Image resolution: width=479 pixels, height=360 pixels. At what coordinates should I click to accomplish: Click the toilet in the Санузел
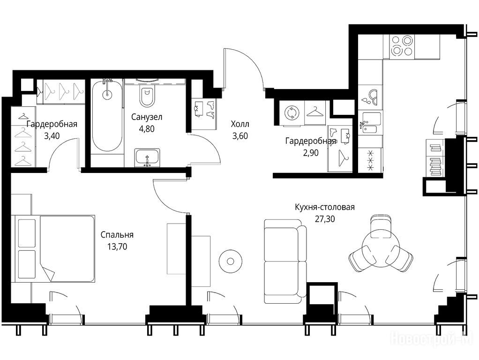147,95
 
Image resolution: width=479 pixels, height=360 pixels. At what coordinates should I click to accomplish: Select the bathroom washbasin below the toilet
147,157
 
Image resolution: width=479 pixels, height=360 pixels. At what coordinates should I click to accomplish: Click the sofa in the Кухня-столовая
285,261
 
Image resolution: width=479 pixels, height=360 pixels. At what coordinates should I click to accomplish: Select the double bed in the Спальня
55,248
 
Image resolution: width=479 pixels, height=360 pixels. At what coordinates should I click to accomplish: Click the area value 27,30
325,219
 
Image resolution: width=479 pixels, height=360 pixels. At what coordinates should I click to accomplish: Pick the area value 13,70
117,246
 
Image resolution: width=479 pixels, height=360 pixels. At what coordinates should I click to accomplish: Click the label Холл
240,124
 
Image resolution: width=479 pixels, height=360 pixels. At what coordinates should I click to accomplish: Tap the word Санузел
147,117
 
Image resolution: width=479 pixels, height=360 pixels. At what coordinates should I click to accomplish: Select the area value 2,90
310,152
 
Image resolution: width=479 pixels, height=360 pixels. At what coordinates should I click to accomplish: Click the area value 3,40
52,135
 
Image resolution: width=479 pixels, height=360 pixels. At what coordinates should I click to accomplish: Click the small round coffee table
230,261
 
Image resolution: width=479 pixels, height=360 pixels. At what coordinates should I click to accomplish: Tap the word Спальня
117,235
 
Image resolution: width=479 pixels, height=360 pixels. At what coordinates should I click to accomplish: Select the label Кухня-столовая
325,207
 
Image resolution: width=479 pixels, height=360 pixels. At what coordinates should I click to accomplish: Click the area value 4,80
147,128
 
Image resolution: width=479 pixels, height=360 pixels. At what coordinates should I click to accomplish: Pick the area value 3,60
240,135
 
